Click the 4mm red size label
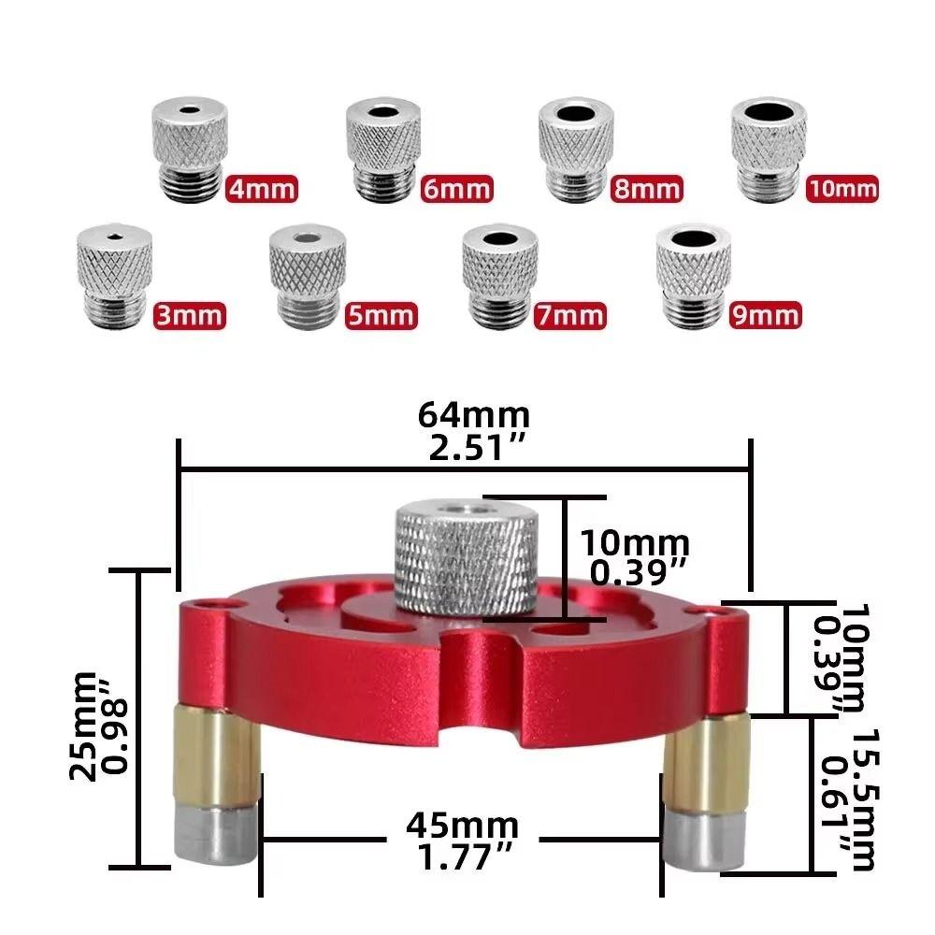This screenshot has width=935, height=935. point(262,190)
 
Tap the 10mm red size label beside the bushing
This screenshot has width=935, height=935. point(841,190)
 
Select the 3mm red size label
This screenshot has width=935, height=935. point(190,314)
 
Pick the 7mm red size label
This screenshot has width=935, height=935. point(570,315)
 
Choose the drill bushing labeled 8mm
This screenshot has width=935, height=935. point(576,150)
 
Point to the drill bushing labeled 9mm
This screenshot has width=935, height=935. point(693,276)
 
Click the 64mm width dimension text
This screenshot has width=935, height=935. point(474,413)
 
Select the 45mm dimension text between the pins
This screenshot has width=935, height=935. point(462,826)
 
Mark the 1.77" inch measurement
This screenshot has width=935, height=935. point(462,857)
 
